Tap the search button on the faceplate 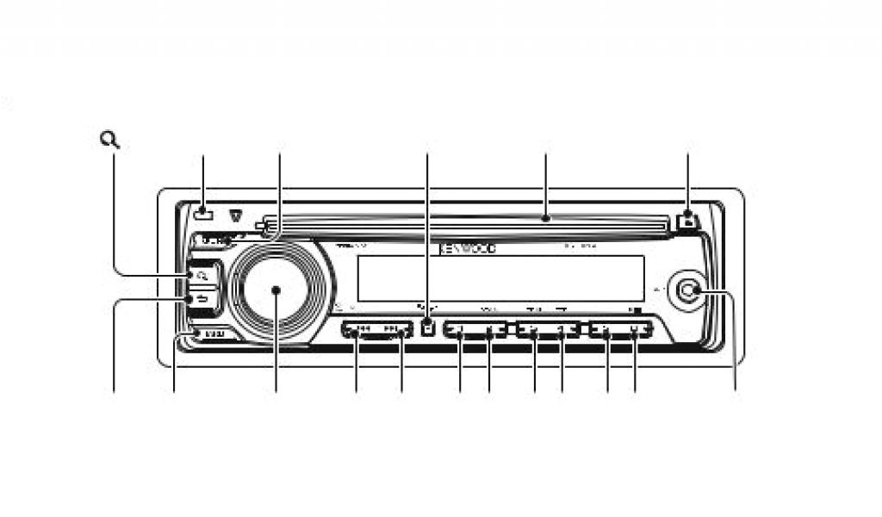coord(202,276)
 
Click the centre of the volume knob coord(276,290)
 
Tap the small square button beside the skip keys coord(427,327)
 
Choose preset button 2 coord(489,330)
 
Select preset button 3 coord(534,330)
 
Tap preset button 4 coord(562,330)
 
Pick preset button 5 coord(607,330)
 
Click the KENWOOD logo coord(469,248)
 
